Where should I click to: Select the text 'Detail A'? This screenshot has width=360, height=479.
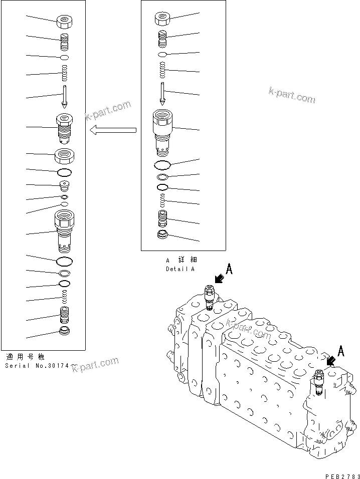coord(180,269)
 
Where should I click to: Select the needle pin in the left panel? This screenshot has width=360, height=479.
coord(65,96)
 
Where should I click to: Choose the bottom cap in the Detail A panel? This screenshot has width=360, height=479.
coord(162,235)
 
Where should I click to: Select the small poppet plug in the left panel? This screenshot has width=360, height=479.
coord(65,186)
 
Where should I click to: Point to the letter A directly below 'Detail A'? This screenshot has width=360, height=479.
coord(229,270)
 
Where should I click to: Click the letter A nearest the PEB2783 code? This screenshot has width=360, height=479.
coord(341,351)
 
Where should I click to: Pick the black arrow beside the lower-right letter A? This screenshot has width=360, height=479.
coord(331,360)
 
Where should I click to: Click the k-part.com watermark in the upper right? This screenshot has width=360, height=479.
coord(292,95)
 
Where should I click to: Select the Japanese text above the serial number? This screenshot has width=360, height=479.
coord(25,357)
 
